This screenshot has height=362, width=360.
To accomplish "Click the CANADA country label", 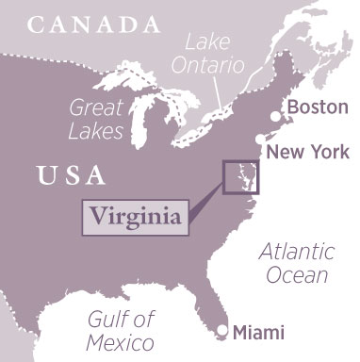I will click(94, 23).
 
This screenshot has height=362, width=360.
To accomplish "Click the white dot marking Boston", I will click(275, 116).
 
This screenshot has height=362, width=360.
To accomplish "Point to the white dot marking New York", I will click(260, 138).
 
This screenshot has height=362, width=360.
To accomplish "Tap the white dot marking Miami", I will click(221, 330).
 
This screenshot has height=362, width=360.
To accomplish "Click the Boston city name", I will click(316, 108).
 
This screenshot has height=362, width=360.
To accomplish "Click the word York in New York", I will click(327, 151).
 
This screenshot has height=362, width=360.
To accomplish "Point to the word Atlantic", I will click(296, 253).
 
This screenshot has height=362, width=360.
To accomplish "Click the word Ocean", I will click(296, 275).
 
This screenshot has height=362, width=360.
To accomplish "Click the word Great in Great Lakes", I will click(96, 107).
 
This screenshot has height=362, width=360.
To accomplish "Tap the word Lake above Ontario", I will click(206, 42).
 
